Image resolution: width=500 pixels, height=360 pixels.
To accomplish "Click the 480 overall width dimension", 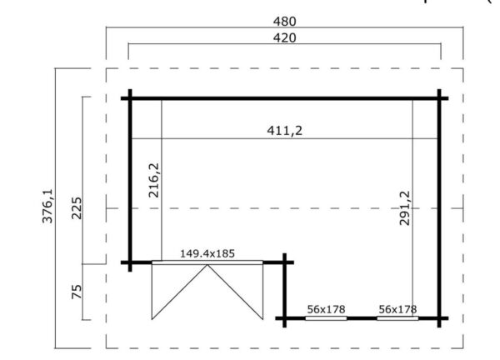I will (x=284, y=21).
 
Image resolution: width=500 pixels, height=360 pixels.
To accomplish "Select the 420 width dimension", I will (x=284, y=37).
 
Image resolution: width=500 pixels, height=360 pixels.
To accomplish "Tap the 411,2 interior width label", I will (x=284, y=129).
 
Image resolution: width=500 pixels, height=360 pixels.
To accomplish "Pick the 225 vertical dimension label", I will (x=77, y=207).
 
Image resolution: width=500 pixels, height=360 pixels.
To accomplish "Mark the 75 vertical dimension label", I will (x=77, y=291).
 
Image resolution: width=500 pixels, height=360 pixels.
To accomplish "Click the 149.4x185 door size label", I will (x=207, y=252).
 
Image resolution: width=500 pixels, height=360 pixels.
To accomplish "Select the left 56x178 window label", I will (x=326, y=309).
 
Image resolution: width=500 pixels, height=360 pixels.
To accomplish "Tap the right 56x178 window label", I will (x=397, y=309).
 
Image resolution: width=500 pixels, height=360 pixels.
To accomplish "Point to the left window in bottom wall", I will (x=326, y=317).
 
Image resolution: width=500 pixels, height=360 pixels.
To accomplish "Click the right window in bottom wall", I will (x=397, y=317).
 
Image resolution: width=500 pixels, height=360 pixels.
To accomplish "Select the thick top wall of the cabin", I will (x=284, y=98).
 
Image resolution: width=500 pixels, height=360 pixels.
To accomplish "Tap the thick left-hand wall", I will (x=130, y=179).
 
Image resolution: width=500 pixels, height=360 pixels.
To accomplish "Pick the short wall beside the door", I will (x=285, y=287).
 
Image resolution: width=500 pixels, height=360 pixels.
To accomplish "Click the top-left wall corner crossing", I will (x=130, y=98).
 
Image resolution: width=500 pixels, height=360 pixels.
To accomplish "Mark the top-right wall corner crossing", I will (x=441, y=98).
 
